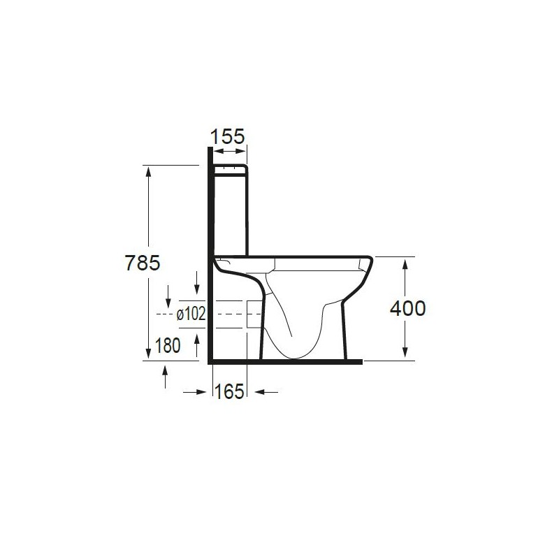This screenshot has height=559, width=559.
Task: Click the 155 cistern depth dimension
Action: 228,136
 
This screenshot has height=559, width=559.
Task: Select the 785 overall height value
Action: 143,263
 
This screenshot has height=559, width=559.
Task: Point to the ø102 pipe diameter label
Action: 191,314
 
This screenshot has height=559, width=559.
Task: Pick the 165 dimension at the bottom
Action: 229,392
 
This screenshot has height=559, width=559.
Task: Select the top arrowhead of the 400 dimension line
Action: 405,263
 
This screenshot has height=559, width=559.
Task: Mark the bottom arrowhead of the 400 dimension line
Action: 405,354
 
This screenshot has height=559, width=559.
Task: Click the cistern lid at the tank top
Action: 230,168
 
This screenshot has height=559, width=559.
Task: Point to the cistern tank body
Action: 230,213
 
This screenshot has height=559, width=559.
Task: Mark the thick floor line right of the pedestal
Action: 355,363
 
